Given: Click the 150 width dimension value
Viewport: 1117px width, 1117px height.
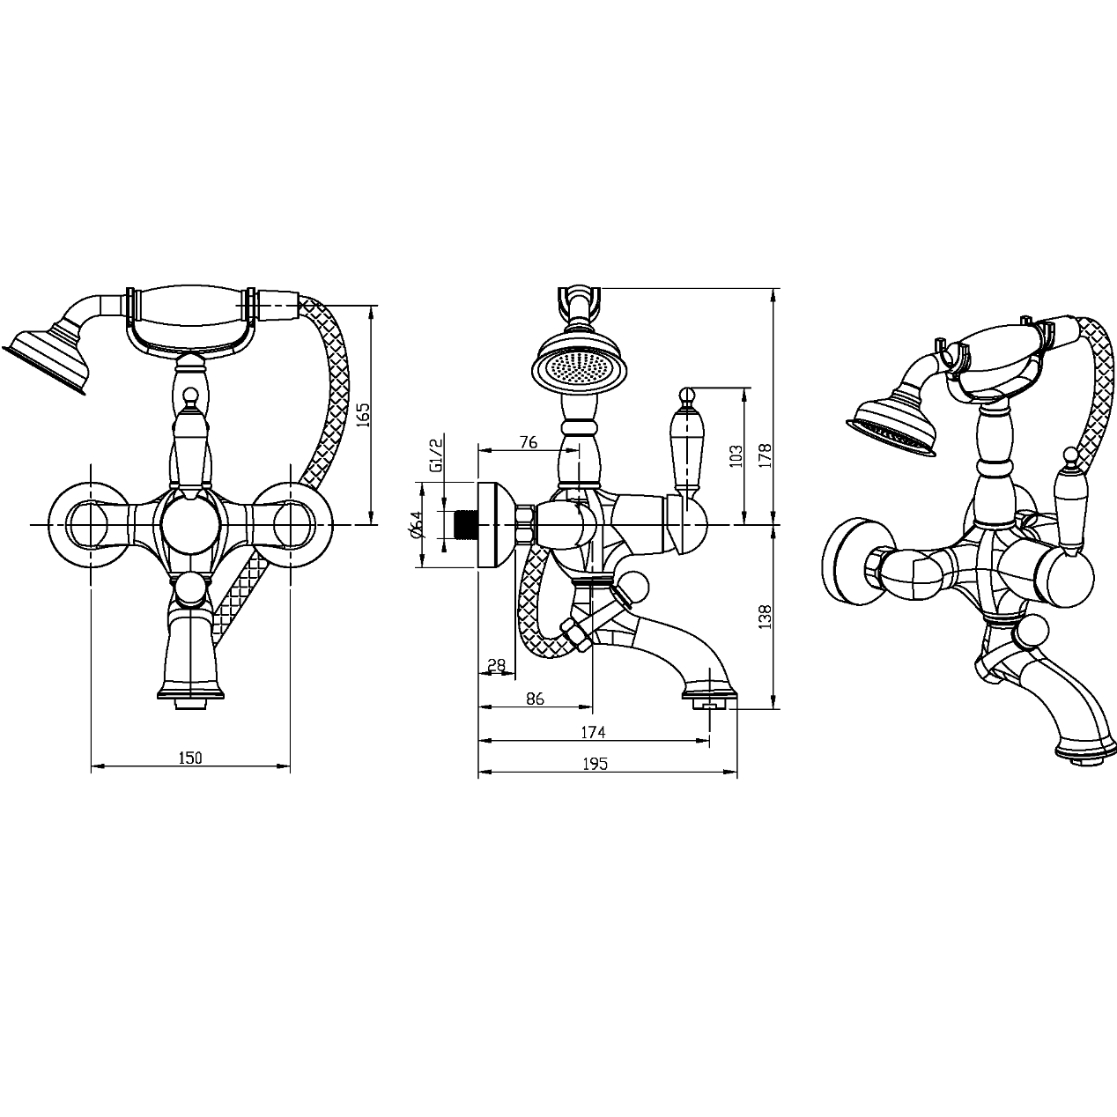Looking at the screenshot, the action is click(190, 758).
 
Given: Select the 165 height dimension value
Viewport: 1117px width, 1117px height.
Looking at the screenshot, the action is click(363, 414).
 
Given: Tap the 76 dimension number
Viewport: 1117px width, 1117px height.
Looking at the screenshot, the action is click(528, 442).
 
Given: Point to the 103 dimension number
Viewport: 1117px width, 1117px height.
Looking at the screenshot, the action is click(736, 455).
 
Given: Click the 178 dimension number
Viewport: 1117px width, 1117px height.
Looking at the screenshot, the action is click(766, 455).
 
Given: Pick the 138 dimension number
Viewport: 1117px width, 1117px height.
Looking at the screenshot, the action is click(766, 616).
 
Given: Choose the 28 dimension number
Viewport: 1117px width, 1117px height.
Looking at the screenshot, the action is click(496, 665).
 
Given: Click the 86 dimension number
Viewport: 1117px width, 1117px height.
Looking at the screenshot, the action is click(535, 699).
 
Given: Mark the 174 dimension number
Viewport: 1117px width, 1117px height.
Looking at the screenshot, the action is click(593, 732).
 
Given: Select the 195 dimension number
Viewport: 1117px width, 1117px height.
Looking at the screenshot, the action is click(595, 764).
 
